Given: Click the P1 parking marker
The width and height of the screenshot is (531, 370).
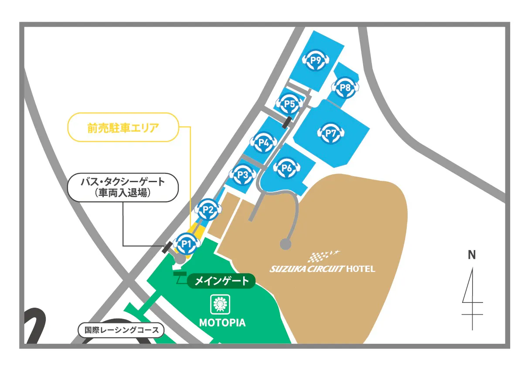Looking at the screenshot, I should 187,244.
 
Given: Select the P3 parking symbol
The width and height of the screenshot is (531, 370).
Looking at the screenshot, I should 242,175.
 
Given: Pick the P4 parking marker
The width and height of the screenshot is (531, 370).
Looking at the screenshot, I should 263,142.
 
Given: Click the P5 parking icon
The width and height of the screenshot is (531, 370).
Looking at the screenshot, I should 290,104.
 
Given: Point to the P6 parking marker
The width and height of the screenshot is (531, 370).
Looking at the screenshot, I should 286,167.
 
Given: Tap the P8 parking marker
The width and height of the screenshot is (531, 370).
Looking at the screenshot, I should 345,87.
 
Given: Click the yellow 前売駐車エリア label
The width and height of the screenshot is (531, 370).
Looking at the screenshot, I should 123,129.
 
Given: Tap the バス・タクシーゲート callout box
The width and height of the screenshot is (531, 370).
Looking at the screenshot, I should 123,187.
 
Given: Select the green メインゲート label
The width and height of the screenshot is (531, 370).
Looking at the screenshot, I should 221,281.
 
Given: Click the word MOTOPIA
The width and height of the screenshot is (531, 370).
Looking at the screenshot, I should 222,323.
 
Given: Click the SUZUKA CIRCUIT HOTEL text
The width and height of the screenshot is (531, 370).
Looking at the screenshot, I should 322,268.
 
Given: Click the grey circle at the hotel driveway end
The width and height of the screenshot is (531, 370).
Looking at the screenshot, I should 286,244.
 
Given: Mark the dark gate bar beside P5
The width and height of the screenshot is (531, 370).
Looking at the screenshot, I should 286,122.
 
